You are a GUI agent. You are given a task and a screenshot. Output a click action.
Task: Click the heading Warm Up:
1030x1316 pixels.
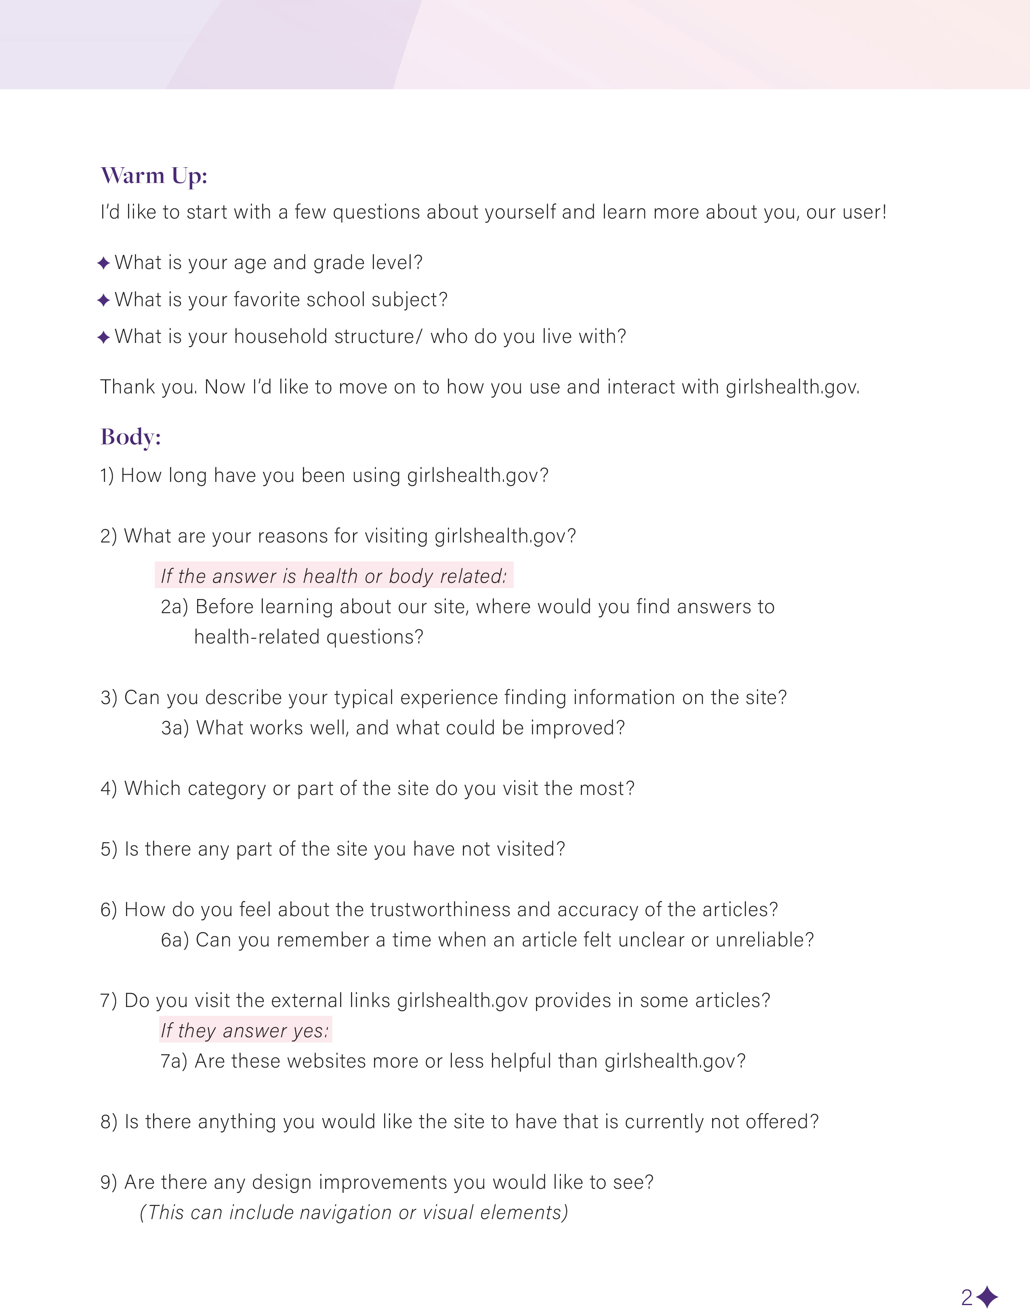(154, 175)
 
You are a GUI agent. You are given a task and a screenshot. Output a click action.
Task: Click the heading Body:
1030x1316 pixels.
(131, 437)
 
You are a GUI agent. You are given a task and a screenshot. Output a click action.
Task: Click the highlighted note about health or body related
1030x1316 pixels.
(334, 576)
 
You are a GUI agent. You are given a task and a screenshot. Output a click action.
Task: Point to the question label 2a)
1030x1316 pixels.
(175, 607)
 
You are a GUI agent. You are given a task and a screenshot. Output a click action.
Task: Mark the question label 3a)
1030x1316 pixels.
(175, 728)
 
